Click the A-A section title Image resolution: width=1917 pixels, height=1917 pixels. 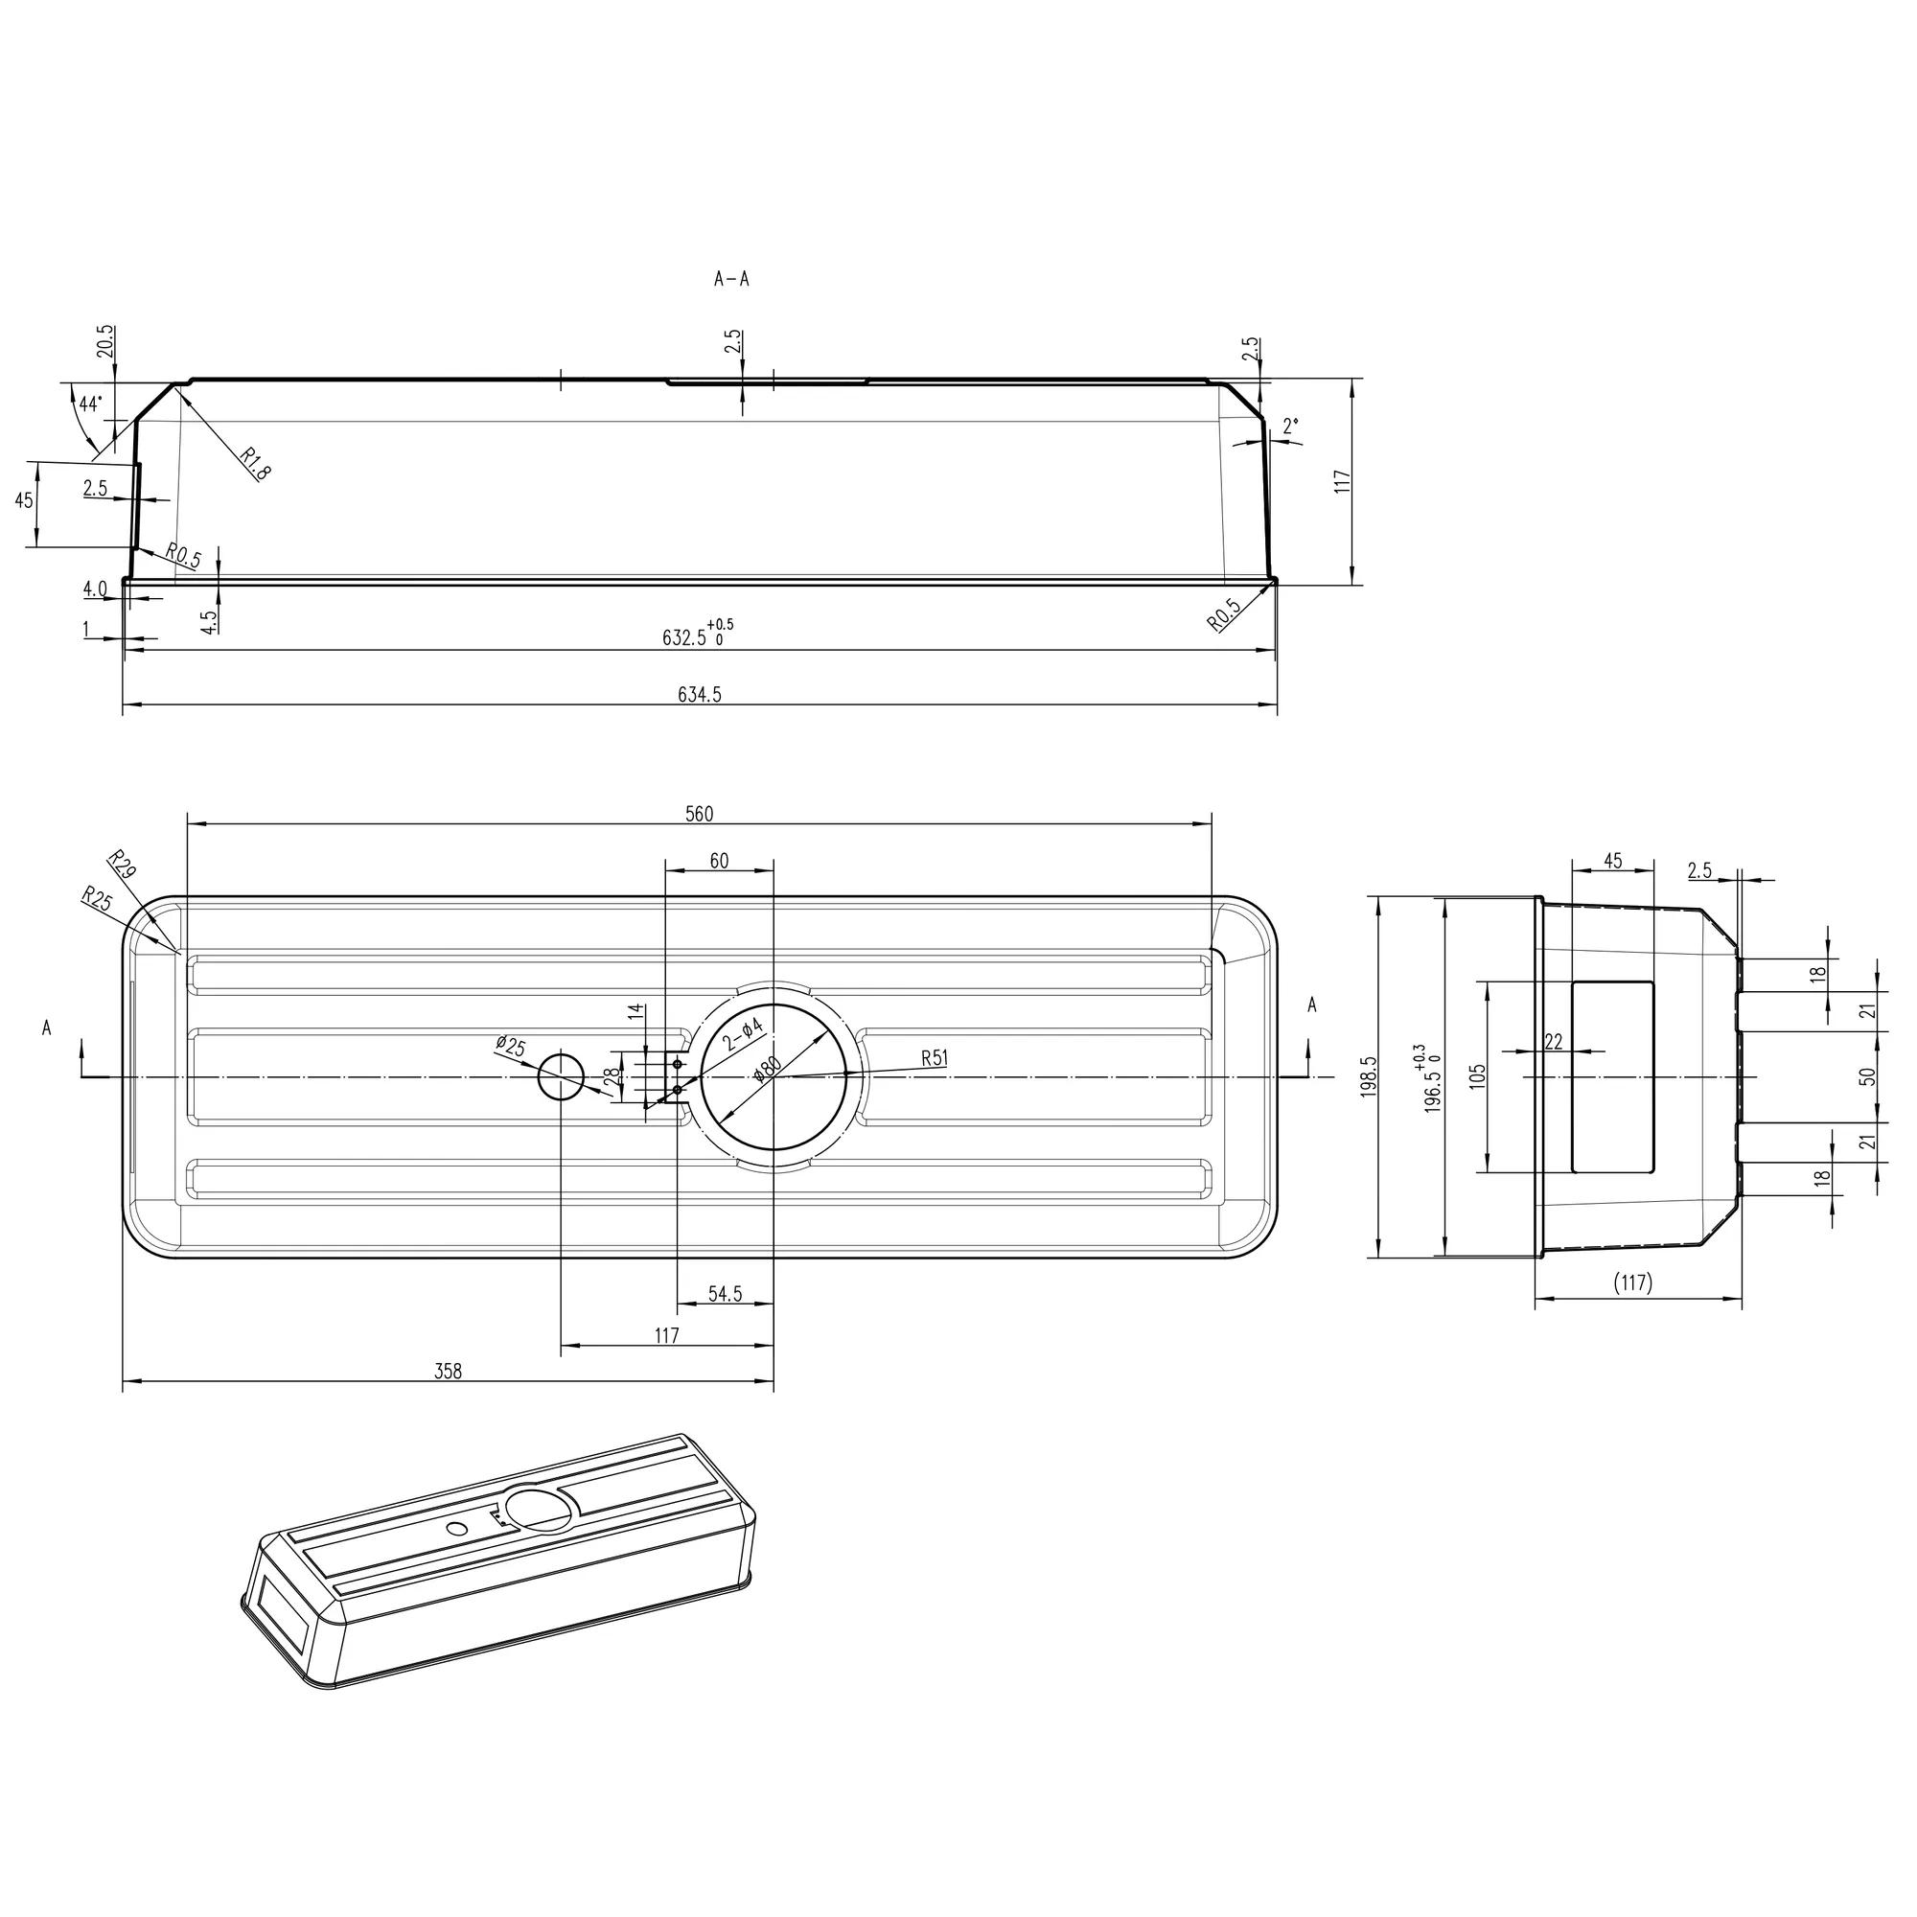pos(731,280)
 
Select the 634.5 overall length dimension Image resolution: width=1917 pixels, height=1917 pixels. pos(700,696)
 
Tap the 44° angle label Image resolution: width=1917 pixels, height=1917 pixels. pos(90,404)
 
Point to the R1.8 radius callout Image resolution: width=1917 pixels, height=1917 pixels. pos(254,463)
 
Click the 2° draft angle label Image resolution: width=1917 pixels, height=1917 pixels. pos(1290,426)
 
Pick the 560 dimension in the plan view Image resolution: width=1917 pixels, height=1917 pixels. pos(699,814)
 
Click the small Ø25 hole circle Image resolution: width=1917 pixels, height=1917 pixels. pos(562,1076)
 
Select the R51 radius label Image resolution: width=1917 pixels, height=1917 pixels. pos(934,1058)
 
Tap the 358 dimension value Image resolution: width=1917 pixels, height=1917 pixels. pos(448,1373)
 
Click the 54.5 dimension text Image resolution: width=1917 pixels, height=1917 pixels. pos(725,1294)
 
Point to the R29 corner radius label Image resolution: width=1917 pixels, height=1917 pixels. pos(122,865)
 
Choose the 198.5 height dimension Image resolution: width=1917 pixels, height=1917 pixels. pos(1371,1075)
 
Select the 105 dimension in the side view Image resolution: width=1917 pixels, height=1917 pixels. pos(1478,1075)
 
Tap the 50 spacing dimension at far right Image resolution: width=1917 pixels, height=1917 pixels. pos(1867,1076)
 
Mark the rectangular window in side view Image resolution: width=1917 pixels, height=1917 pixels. pos(1612,1076)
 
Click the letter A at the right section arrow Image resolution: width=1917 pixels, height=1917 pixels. pos(1312,1005)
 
